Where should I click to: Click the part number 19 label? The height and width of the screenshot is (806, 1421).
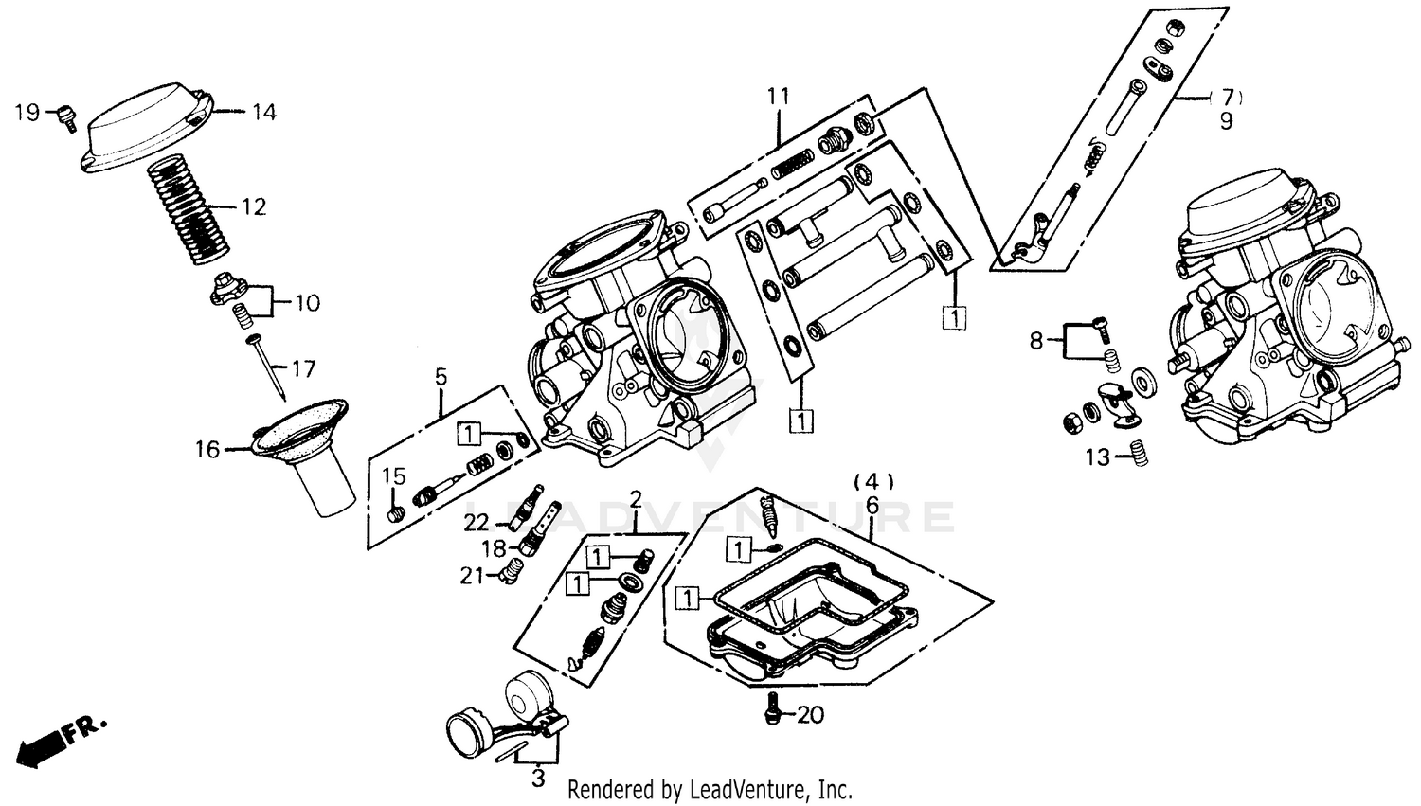[27, 113]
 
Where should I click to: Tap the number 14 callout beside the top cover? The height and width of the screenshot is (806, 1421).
[263, 113]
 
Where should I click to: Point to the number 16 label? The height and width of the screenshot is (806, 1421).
[207, 449]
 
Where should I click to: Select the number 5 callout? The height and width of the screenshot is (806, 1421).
[441, 377]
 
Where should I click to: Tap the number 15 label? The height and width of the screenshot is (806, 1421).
[393, 476]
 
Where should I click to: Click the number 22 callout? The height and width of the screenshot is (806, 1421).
[477, 523]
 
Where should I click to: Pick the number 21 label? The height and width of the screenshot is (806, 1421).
[472, 575]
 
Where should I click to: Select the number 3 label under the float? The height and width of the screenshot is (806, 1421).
[538, 779]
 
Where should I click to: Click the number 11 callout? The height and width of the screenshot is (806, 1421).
[778, 96]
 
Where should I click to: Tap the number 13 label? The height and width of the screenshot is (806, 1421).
[1097, 458]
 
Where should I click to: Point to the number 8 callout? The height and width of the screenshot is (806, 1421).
[1035, 340]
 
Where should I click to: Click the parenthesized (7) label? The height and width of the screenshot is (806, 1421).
[1227, 97]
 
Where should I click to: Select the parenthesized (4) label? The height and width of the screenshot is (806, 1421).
[873, 480]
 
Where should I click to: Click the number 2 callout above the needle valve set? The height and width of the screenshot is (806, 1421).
[636, 498]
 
